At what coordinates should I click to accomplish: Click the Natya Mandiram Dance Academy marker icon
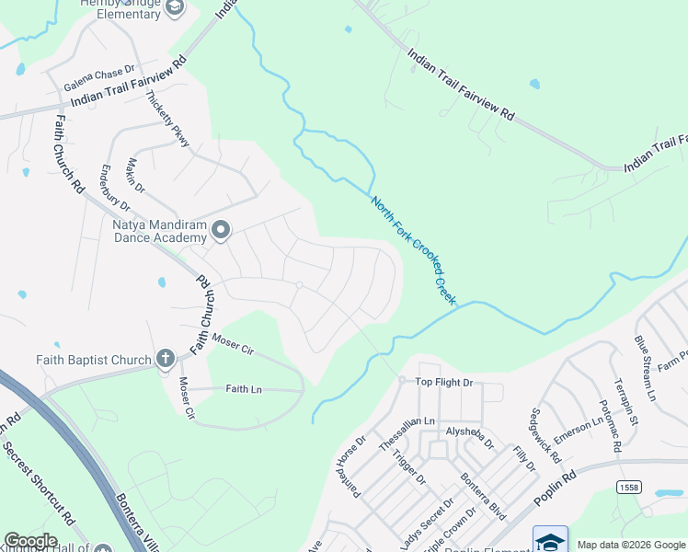coord(221,229)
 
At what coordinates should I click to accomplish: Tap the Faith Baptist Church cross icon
coord(165,358)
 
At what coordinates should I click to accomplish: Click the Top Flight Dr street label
coord(443,382)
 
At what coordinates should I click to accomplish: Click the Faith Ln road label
coord(244,390)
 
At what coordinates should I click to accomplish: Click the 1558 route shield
coord(629,487)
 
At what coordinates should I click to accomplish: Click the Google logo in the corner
coord(31,540)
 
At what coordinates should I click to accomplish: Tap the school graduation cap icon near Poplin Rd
coord(550,541)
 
